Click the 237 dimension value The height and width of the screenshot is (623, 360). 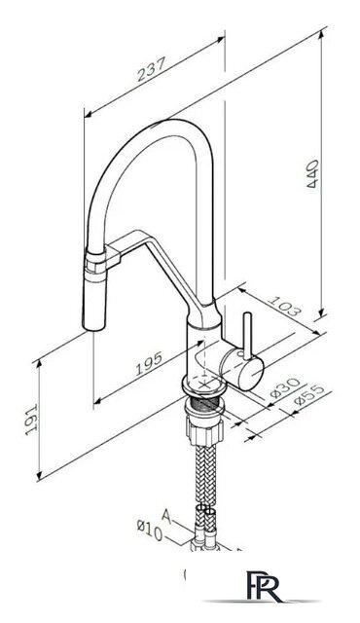click(151, 69)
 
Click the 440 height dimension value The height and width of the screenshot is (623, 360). click(312, 173)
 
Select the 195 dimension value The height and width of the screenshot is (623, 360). click(149, 363)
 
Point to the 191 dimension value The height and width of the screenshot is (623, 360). click(30, 420)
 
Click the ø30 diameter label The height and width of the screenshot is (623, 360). click(285, 387)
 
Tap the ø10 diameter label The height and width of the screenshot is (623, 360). click(150, 531)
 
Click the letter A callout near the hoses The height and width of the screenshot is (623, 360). click(167, 516)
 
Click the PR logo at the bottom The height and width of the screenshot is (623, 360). click(263, 586)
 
